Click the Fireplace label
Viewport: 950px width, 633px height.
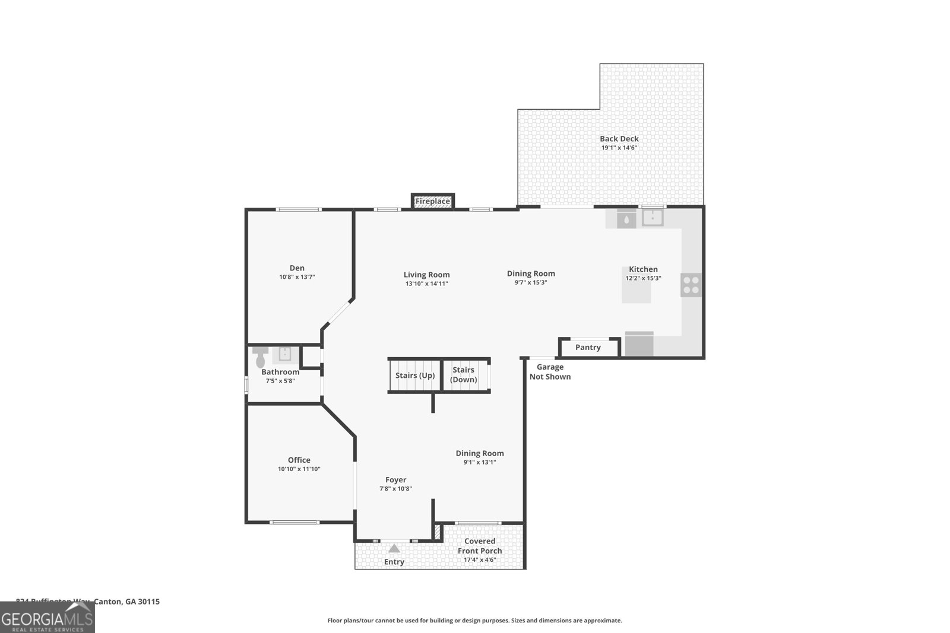tap(432, 202)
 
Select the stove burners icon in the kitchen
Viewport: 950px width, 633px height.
tap(691, 285)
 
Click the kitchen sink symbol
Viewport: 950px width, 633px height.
tap(653, 218)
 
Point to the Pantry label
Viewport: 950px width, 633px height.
tap(588, 348)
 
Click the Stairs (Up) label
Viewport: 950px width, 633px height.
tap(415, 376)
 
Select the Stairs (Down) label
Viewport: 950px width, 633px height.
tap(463, 375)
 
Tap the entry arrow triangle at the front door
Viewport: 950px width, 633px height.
tap(394, 548)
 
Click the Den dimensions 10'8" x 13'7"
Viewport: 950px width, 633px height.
tap(297, 277)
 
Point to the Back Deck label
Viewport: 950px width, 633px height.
tap(619, 139)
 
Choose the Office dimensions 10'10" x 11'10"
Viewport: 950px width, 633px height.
tap(299, 469)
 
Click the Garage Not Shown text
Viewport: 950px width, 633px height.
tap(550, 372)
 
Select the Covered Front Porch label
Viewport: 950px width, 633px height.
tap(480, 546)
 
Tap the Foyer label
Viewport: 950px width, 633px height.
tap(396, 480)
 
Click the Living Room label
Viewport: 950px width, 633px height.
tap(426, 275)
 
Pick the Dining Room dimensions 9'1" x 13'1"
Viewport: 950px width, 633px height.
tap(480, 462)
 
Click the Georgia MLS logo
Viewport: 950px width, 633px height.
tap(47, 617)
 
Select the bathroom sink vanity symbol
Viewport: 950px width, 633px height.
tap(285, 355)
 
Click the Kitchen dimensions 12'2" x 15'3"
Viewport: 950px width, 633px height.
tap(643, 278)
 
